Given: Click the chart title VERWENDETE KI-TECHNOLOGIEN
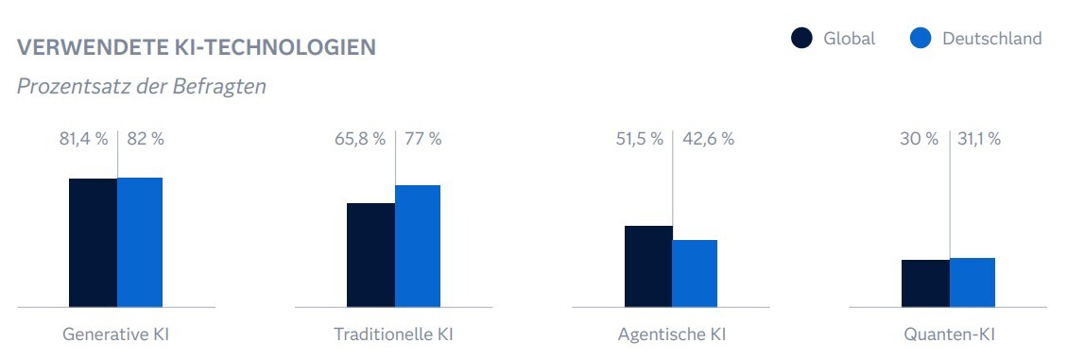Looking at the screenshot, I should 197,47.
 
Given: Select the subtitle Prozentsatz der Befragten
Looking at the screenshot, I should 142,86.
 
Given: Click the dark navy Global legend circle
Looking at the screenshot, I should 801,39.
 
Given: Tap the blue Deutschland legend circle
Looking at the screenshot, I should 921,39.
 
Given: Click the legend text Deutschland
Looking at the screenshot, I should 991,39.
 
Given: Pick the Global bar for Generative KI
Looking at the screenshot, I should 93,243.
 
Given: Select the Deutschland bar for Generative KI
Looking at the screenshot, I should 140,242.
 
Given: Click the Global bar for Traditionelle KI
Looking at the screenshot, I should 370,255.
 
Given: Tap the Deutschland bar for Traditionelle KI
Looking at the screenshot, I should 418,246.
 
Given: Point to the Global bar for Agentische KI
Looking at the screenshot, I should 648,266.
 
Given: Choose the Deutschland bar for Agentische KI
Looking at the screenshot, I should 695,273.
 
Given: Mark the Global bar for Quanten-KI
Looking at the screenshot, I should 925,283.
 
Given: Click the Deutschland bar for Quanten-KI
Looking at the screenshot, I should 972,283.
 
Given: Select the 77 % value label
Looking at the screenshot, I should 422,139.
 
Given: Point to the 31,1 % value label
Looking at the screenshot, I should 979,139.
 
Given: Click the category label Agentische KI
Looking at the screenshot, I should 672,335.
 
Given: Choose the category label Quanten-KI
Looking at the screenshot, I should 949,335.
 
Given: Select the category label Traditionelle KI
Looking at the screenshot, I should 394,335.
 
